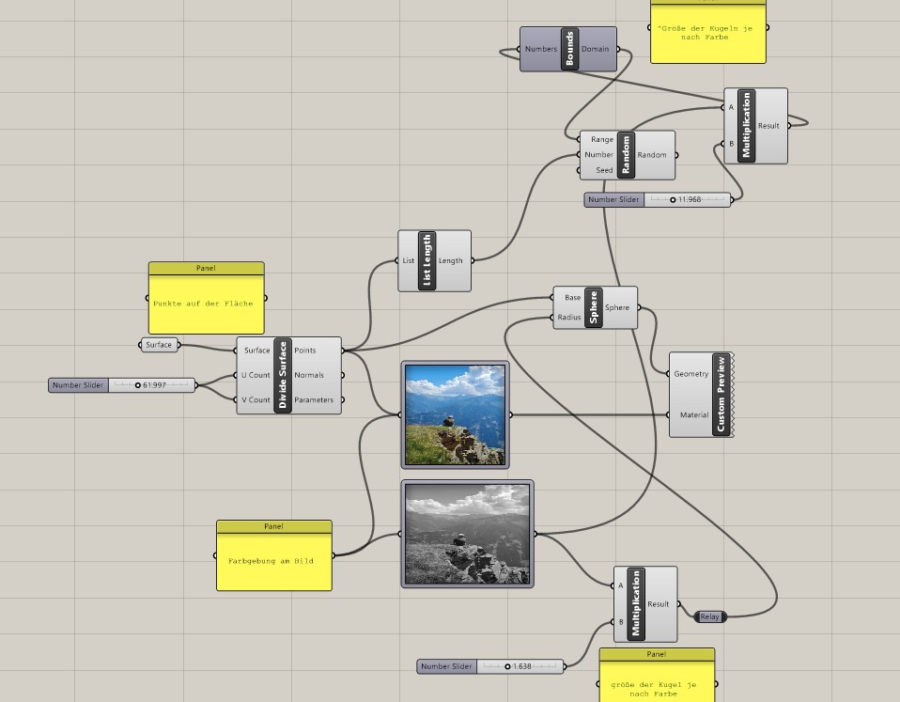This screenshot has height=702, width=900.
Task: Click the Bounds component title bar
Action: [x=569, y=49]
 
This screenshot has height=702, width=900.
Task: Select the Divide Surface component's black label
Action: [x=282, y=375]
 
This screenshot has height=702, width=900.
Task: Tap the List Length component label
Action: [x=428, y=260]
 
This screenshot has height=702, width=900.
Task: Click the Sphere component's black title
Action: [x=594, y=307]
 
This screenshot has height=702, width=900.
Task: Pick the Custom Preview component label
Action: [x=720, y=395]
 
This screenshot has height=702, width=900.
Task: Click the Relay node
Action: [x=709, y=616]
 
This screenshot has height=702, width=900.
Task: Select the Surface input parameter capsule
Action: [x=159, y=345]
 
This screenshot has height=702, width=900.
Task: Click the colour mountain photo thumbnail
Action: [x=456, y=414]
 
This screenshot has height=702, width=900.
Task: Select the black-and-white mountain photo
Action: [x=467, y=534]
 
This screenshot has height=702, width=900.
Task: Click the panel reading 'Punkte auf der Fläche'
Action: [x=206, y=304]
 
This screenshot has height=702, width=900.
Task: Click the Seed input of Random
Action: [x=603, y=170]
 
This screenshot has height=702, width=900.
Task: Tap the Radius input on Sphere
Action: [x=569, y=318]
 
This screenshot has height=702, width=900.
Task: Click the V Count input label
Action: [x=256, y=399]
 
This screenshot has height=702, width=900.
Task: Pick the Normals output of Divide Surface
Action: [x=309, y=375]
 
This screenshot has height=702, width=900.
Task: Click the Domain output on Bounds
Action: [x=596, y=49]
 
